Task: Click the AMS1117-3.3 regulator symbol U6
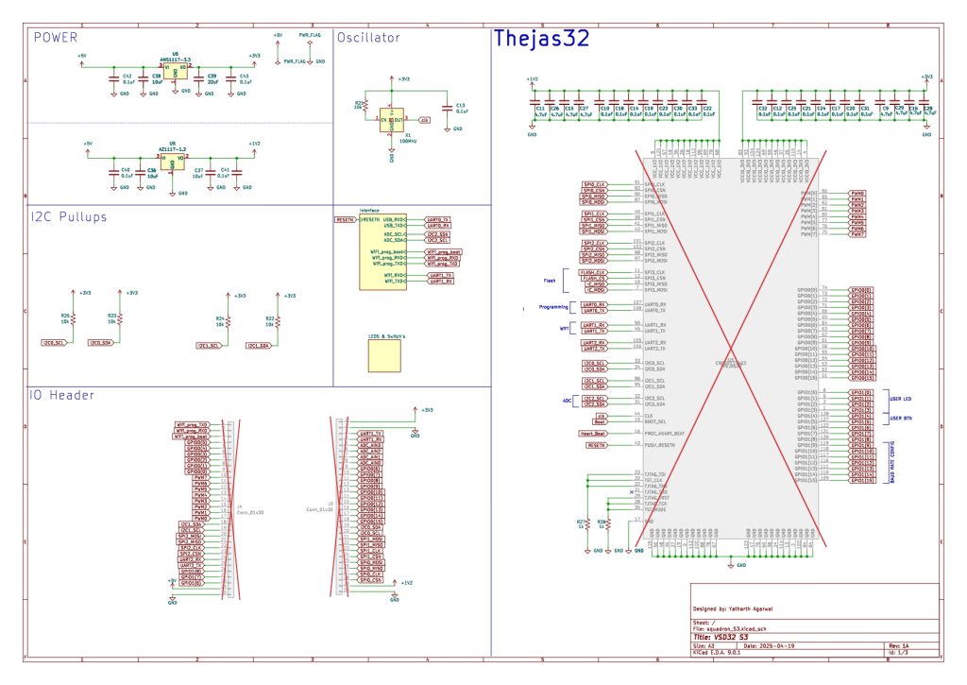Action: point(174,68)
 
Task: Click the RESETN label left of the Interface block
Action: point(345,219)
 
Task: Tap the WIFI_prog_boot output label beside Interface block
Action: point(444,252)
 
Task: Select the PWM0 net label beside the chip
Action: point(857,192)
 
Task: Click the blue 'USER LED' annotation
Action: point(899,399)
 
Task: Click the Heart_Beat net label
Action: point(593,433)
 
